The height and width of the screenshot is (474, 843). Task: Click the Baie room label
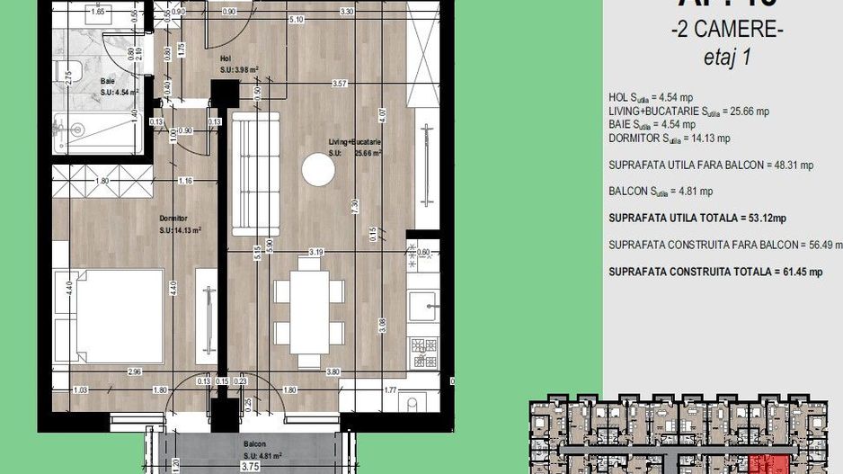tap(107, 81)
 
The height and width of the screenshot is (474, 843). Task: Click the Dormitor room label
tap(173, 219)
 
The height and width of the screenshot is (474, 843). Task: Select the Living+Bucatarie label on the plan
tap(355, 142)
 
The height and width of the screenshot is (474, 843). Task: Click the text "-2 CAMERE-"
tap(727, 31)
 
